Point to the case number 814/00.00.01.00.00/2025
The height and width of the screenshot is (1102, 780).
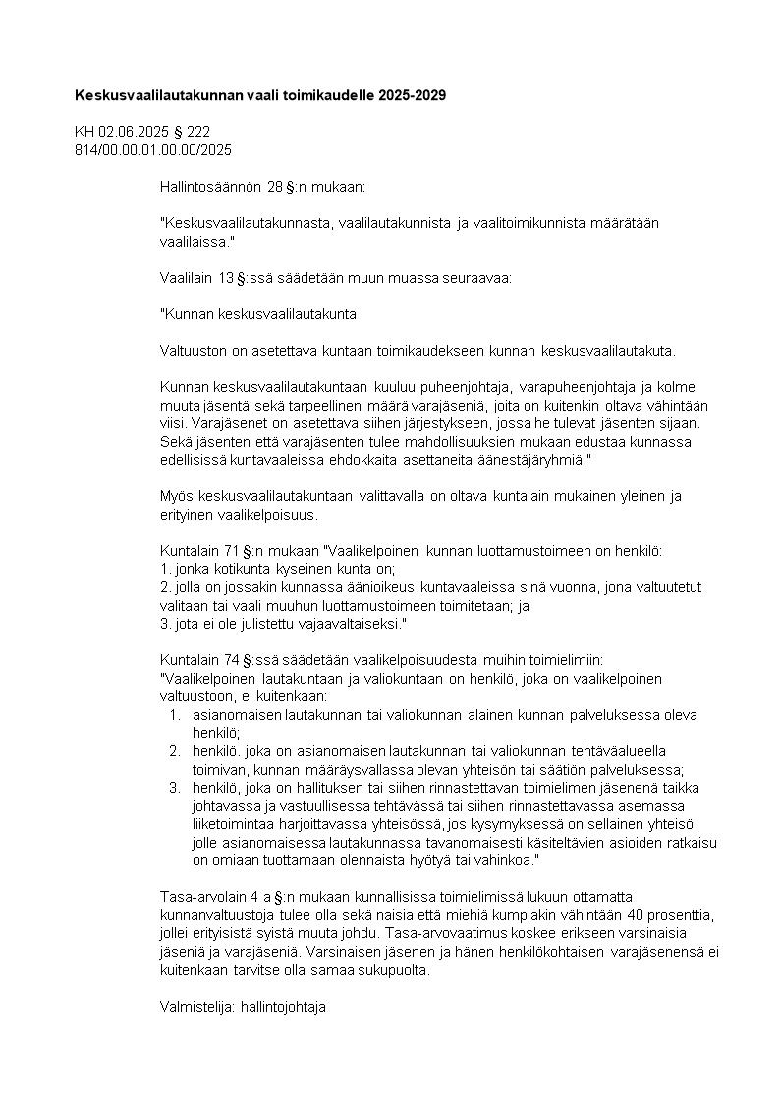[x=153, y=149]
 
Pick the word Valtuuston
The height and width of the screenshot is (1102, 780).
[x=191, y=352]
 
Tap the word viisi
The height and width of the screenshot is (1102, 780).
[x=173, y=423]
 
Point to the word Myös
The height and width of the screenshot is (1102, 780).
[x=175, y=496]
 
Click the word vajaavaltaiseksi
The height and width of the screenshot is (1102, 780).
[x=350, y=623]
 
